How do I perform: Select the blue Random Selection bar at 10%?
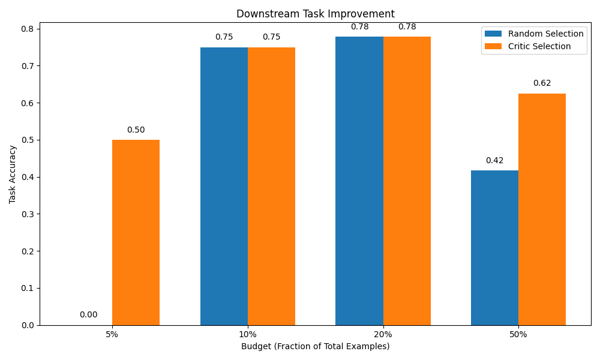[224, 186]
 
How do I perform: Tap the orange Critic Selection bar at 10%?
[271, 186]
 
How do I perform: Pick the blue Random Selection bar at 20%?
[359, 181]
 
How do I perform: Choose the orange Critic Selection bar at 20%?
[407, 181]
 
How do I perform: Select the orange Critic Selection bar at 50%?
[542, 209]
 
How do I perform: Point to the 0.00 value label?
[88, 315]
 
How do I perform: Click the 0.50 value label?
[136, 130]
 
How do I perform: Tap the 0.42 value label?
[494, 161]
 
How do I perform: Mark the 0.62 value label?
[542, 83]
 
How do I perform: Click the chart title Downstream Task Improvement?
[315, 14]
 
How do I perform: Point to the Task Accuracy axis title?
[13, 174]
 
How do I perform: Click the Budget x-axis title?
[315, 346]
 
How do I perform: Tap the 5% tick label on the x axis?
[112, 334]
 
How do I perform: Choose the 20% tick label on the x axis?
[383, 334]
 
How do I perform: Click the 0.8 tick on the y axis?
[28, 29]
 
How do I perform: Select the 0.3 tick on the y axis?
[28, 214]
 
